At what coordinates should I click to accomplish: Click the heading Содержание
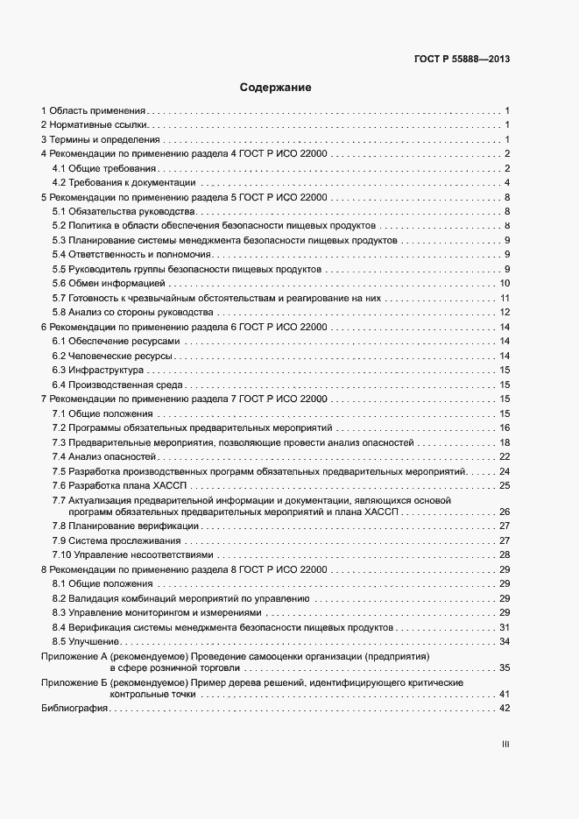(x=276, y=88)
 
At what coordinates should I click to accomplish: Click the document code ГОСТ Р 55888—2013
(x=462, y=60)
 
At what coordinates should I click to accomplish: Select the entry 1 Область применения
(x=94, y=111)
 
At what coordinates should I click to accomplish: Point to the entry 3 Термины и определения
(x=101, y=140)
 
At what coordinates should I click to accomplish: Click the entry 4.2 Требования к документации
(x=124, y=183)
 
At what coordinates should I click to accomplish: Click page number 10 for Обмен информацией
(x=505, y=284)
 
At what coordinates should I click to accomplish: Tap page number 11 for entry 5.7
(x=505, y=299)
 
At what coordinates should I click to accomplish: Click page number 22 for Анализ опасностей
(x=505, y=456)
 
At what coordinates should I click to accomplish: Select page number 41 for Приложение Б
(x=505, y=694)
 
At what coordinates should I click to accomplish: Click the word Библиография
(x=74, y=709)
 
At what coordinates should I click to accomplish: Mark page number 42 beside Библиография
(x=505, y=709)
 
